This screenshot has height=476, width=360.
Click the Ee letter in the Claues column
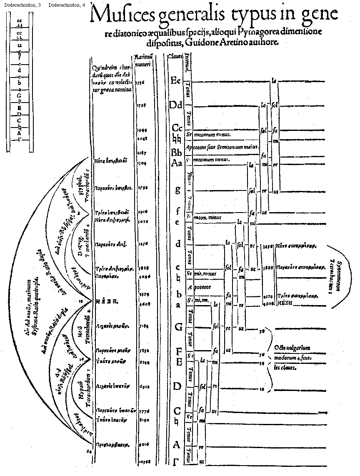pyautogui.click(x=176, y=81)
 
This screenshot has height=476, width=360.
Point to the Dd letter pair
pyautogui.click(x=176, y=105)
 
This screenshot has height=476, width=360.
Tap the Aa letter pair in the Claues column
pyautogui.click(x=177, y=163)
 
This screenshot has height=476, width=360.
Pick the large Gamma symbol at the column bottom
pyautogui.click(x=176, y=461)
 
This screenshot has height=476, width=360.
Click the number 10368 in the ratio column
pyautogui.click(x=142, y=462)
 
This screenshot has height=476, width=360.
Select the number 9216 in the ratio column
pyautogui.click(x=142, y=445)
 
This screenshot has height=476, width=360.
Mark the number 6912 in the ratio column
pyautogui.click(x=142, y=387)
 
